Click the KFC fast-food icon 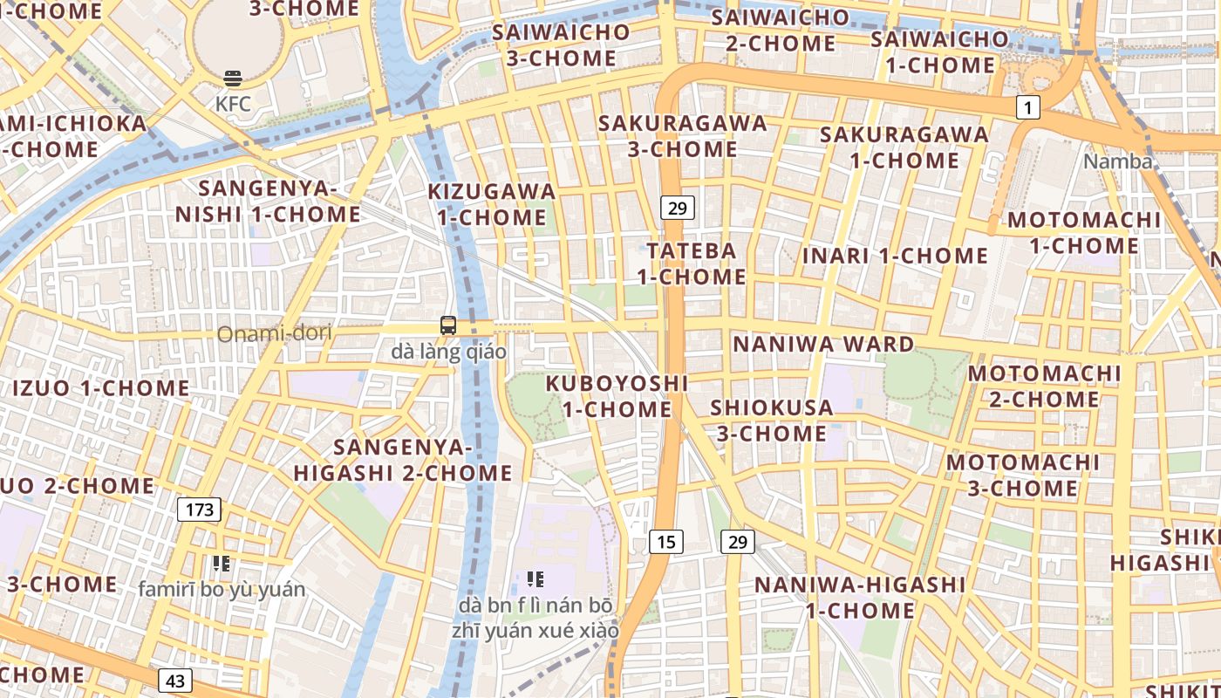(233, 79)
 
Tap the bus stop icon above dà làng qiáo (448, 325)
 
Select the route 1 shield (1029, 107)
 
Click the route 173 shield (200, 510)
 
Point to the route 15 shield (665, 542)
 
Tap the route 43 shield (175, 681)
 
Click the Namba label (1118, 161)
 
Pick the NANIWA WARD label (823, 344)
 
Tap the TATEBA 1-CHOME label (692, 263)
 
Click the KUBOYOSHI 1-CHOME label (617, 396)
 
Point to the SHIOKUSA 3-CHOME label (772, 421)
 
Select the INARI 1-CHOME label (895, 256)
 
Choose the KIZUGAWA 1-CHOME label (492, 204)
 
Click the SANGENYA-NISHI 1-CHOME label (268, 202)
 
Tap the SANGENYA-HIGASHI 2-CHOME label (403, 460)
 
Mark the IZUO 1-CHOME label (100, 387)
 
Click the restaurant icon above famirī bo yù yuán (221, 564)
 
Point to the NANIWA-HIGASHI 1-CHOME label (860, 597)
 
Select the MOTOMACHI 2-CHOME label (1045, 387)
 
